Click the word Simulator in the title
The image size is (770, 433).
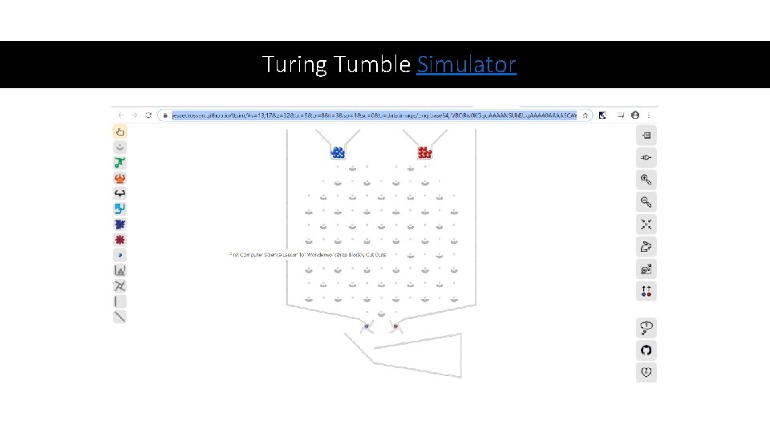466,64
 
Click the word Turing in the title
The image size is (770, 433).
294,64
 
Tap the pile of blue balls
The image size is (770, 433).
338,152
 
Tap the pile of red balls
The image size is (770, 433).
424,152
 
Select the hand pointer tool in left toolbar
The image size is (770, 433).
120,132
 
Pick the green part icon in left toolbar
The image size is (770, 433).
120,163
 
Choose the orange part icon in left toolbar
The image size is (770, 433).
120,178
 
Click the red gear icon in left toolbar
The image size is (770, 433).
120,240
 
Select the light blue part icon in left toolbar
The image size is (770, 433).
120,208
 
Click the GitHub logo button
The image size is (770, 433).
646,350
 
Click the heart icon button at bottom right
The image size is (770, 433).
646,372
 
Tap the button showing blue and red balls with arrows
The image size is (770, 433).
646,291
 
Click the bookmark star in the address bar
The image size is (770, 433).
586,115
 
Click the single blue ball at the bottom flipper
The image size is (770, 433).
367,326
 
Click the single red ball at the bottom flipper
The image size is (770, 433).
395,326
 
